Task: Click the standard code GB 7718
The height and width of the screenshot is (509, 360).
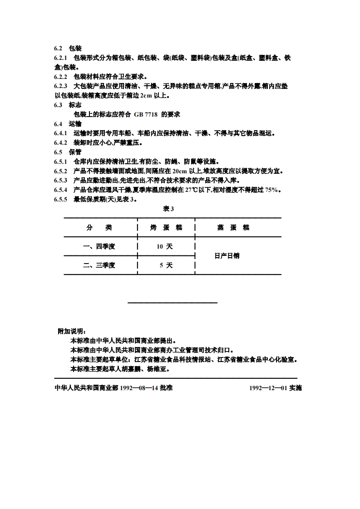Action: pyautogui.click(x=146, y=114)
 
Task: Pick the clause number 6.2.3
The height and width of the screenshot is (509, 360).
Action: pyautogui.click(x=60, y=86)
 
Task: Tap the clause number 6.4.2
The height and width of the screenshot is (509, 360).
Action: pyautogui.click(x=60, y=142)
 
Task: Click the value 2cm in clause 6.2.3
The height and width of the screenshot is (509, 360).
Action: pyautogui.click(x=146, y=95)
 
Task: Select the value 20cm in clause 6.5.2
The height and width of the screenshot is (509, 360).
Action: pyautogui.click(x=180, y=171)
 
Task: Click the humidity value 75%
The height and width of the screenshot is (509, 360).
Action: pyautogui.click(x=271, y=190)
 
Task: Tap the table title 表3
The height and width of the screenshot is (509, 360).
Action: pyautogui.click(x=169, y=209)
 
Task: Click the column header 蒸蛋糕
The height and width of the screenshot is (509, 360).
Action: pyautogui.click(x=233, y=228)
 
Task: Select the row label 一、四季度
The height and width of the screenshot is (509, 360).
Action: pyautogui.click(x=99, y=247)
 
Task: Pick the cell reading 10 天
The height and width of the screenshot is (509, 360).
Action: pyautogui.click(x=165, y=247)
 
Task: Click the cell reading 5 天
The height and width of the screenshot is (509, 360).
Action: pyautogui.click(x=166, y=265)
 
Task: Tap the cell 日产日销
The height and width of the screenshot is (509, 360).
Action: pyautogui.click(x=227, y=256)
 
